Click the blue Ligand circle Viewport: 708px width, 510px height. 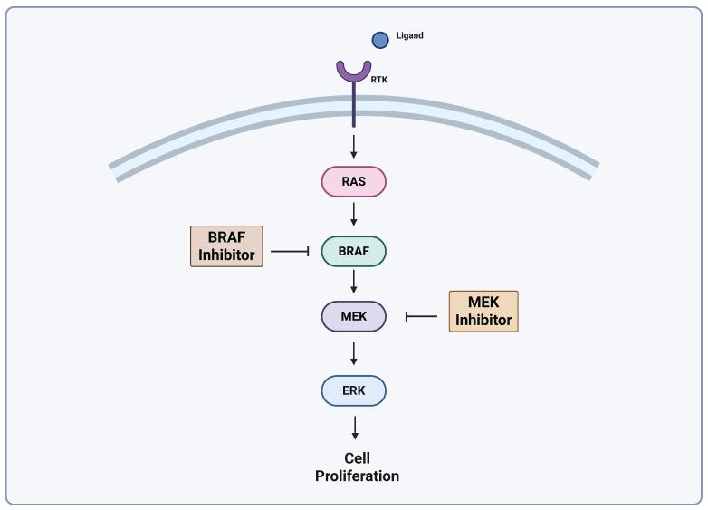coord(381,40)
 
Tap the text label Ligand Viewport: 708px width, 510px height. coord(409,36)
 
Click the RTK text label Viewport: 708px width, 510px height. coord(379,80)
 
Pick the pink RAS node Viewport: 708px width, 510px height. coord(354,182)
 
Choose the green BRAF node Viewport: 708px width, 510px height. coord(354,251)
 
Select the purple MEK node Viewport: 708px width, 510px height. coord(354,316)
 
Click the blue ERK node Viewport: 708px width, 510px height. coord(354,390)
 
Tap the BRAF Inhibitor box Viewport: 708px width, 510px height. coord(226,246)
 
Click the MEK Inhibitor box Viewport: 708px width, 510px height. coord(483,312)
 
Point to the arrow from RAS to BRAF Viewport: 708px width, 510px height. coord(354,215)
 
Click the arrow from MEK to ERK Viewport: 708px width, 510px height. coord(354,352)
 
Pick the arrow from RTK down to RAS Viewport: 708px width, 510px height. coord(354,146)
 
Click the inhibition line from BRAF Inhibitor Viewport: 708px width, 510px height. coord(290,251)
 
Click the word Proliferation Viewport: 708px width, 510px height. coord(357,476)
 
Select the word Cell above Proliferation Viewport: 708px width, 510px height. coord(357,458)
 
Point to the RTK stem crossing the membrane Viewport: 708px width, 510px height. coord(354,109)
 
